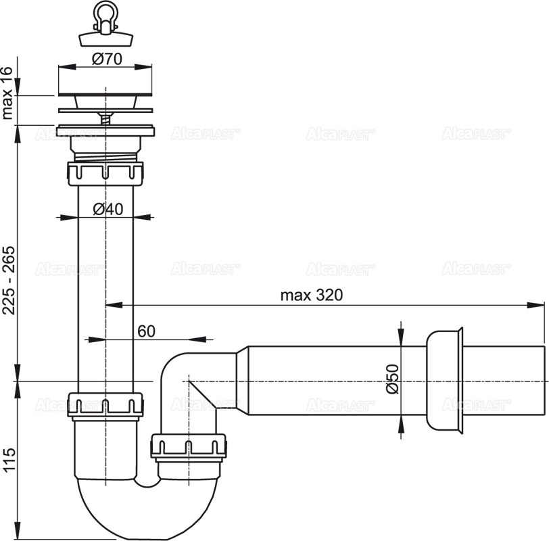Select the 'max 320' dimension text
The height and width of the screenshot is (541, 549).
(312, 295)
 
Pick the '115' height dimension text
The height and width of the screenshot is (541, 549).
(9, 459)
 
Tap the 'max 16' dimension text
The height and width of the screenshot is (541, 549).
(9, 93)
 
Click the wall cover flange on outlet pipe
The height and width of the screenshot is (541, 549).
(445, 380)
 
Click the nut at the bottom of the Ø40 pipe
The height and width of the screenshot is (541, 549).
(105, 404)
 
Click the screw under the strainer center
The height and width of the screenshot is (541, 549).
(105, 118)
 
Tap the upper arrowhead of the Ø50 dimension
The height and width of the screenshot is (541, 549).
(402, 337)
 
